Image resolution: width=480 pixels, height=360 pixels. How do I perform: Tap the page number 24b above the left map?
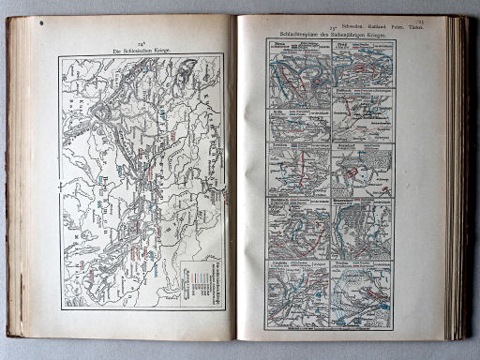[142, 41]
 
